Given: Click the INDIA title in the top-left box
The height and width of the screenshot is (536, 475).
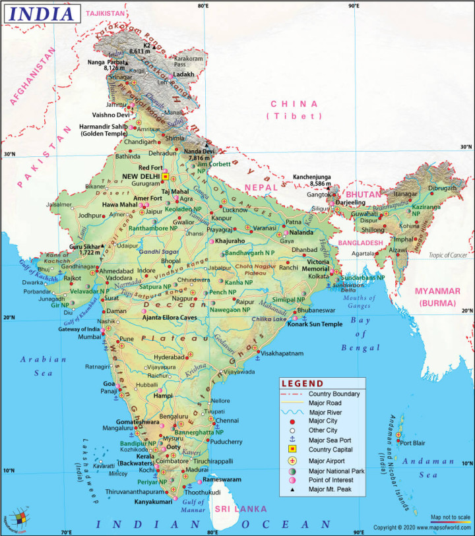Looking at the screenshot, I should coord(41,13).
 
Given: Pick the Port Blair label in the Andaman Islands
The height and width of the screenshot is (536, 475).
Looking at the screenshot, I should coord(416,442).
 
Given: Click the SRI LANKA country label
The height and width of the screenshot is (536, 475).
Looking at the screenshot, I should coord(240,509).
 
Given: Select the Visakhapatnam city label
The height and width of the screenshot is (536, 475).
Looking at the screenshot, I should coord(282,353).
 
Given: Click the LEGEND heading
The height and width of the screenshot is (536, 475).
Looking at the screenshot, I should coord(302,384).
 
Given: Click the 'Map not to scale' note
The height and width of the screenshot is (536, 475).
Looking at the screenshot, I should coord(450,516).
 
